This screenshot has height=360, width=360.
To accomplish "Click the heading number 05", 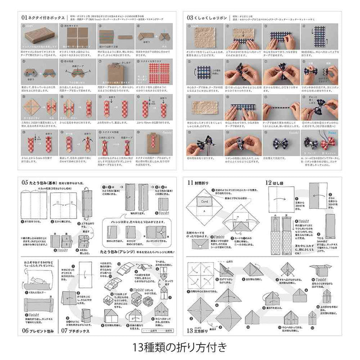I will (25, 182).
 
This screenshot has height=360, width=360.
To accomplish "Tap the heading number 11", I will (191, 182).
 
